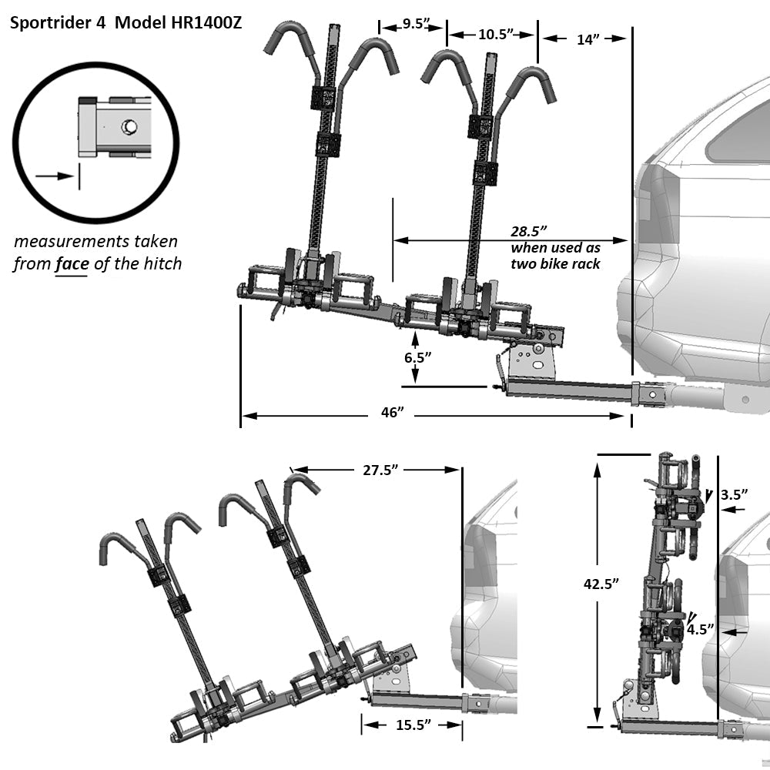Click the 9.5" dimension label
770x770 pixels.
pyautogui.click(x=413, y=24)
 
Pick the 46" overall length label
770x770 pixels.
pyautogui.click(x=393, y=413)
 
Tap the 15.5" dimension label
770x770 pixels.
pyautogui.click(x=412, y=725)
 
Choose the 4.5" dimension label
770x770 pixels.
pyautogui.click(x=701, y=629)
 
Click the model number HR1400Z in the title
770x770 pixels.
pyautogui.click(x=203, y=22)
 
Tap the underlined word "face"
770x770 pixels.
pyautogui.click(x=72, y=264)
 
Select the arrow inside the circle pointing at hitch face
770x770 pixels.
pyautogui.click(x=54, y=176)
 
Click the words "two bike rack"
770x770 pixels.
pyautogui.click(x=556, y=264)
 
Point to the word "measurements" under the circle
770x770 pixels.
pyautogui.click(x=71, y=242)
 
